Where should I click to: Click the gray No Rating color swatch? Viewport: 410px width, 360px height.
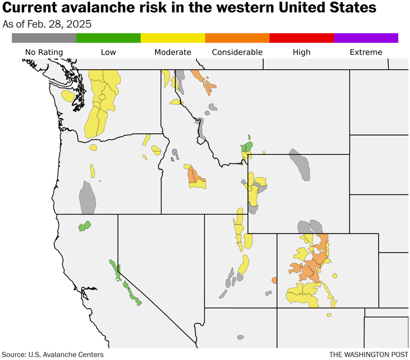pos(44,38)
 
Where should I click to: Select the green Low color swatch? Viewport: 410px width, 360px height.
pos(108,38)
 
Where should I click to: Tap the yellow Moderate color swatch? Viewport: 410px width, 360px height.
pos(172,38)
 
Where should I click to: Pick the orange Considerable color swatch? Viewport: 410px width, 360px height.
pos(237,38)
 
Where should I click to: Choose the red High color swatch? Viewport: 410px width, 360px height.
pos(302,38)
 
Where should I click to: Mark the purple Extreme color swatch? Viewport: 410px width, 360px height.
pos(366,38)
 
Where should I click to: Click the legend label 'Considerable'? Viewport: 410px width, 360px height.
pos(237,52)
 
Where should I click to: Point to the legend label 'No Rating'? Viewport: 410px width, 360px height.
pos(44,52)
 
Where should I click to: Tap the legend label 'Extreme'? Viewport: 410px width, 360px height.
pos(366,52)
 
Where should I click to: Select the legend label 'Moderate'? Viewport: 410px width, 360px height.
pos(172,52)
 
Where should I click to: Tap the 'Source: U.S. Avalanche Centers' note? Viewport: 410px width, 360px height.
pos(52,354)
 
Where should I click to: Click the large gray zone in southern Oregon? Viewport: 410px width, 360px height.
pos(87,197)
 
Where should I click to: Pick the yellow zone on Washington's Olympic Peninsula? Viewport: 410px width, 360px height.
pos(67,96)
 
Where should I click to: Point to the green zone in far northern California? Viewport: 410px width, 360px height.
pos(84,226)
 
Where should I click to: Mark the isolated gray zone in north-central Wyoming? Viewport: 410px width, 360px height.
pos(299,164)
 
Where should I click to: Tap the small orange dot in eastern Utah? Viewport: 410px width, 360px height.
pos(274,280)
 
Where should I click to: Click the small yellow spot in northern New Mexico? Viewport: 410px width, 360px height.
pos(329,315)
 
